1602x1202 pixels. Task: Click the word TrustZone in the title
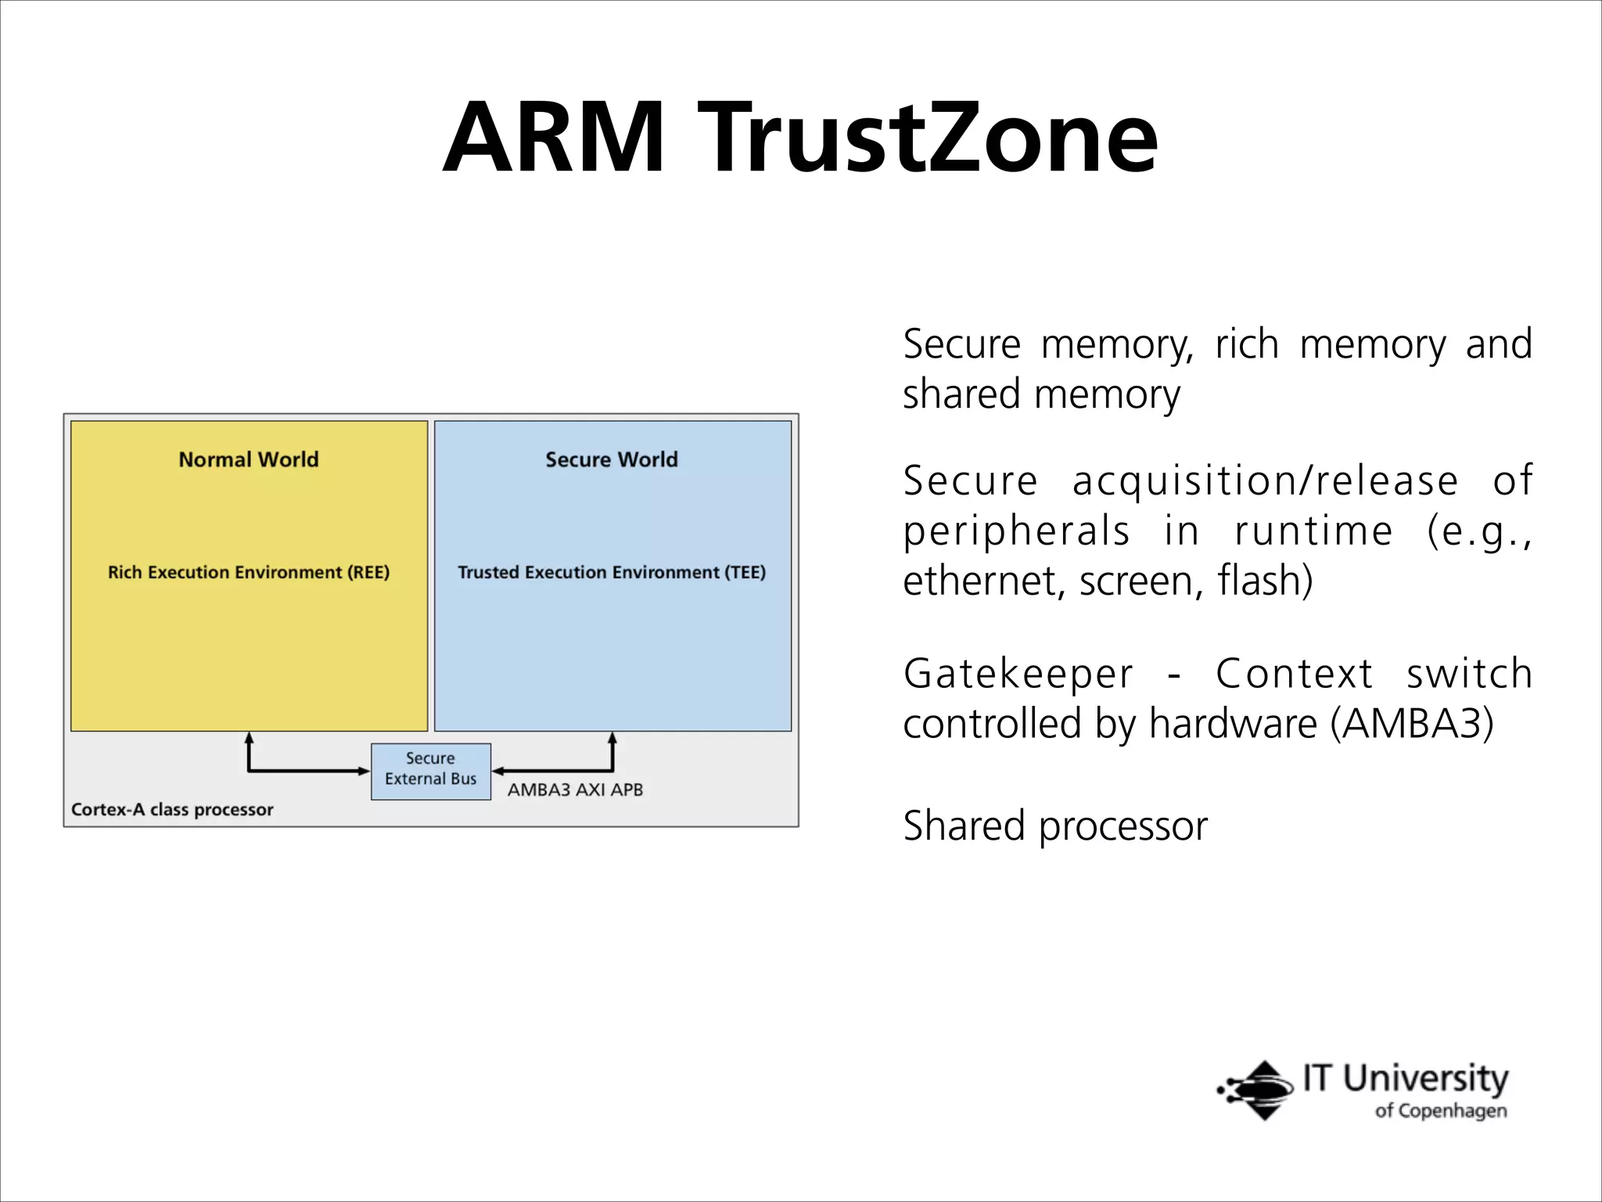tap(927, 138)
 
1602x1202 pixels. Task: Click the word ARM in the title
tap(554, 138)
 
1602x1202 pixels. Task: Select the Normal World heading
tap(249, 459)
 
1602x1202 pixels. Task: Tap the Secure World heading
tap(612, 459)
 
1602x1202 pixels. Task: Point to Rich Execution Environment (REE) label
tap(249, 572)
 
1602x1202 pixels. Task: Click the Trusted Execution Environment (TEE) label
tap(612, 572)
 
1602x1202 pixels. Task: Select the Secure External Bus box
tap(431, 771)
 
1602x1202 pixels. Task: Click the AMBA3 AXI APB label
tap(575, 790)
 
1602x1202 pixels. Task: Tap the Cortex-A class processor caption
tap(172, 809)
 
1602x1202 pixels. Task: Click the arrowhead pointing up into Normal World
tap(249, 738)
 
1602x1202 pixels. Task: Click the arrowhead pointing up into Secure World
tap(612, 738)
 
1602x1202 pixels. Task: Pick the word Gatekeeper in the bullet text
tap(1018, 675)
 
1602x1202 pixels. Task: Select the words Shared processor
tap(1055, 826)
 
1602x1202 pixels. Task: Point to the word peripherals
tap(1016, 531)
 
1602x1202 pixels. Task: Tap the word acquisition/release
tap(1264, 480)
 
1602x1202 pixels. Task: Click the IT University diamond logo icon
tap(1257, 1089)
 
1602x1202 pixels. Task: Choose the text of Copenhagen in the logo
tap(1440, 1111)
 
